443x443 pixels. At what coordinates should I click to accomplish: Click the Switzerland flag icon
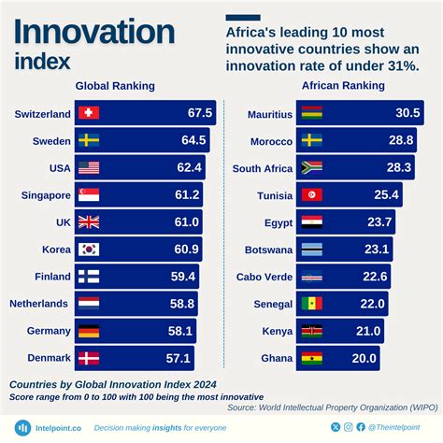tap(89, 114)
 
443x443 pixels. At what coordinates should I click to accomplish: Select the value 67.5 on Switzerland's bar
tap(200, 114)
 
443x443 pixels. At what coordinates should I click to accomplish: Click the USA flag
tap(89, 168)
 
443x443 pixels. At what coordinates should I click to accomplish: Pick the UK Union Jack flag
tap(89, 222)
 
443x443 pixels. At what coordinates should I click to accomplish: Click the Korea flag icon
tap(89, 250)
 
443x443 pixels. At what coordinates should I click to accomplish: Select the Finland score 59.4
tap(182, 277)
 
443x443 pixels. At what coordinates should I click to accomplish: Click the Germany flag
tap(89, 331)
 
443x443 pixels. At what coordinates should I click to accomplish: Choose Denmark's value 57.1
tap(178, 358)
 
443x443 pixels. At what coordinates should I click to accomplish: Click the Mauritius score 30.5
tap(407, 114)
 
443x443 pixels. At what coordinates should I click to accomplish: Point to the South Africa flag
tap(312, 168)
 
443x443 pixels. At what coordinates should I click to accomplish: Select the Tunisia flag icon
tap(312, 195)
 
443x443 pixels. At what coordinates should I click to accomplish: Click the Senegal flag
tap(312, 304)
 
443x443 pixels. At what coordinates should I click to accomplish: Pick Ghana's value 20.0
tap(364, 358)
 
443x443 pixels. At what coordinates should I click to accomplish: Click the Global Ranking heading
tap(115, 86)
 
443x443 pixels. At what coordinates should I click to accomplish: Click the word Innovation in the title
tap(93, 33)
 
